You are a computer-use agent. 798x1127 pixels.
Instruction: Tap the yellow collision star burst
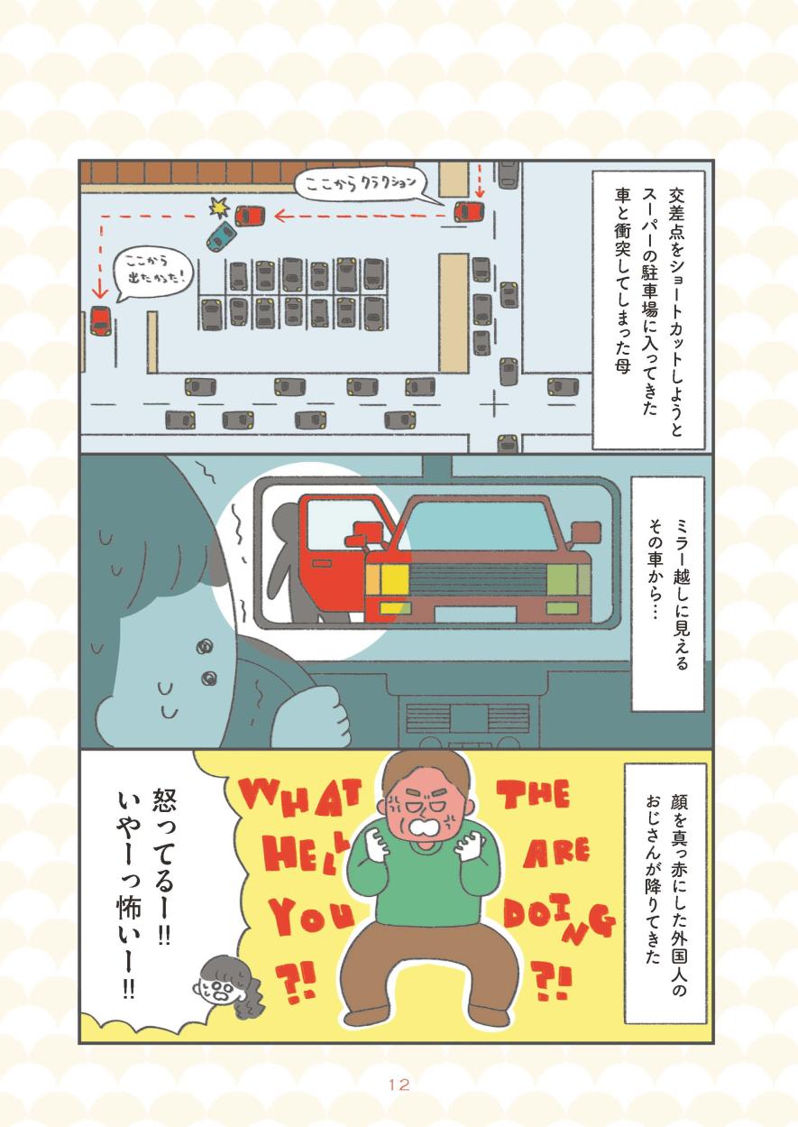click(x=220, y=207)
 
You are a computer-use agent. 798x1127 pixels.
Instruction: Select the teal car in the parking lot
click(x=221, y=236)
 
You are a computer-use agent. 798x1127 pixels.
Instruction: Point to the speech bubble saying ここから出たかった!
click(x=152, y=275)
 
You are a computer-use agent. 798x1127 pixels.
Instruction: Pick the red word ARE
click(x=555, y=854)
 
